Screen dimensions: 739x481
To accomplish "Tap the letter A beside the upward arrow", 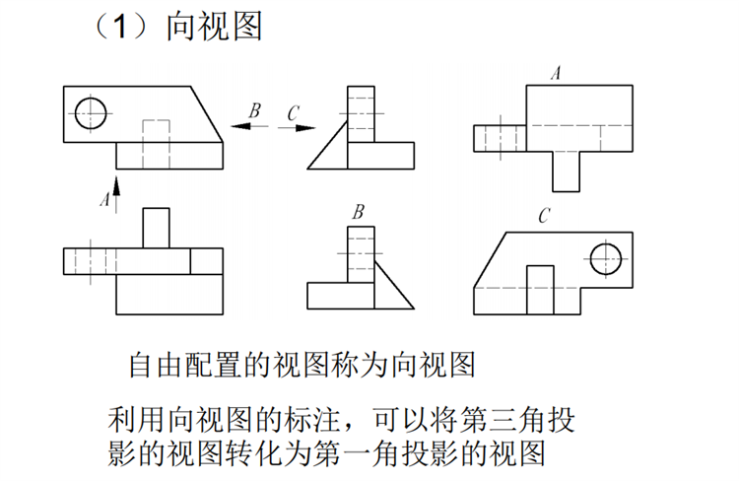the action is (105, 199).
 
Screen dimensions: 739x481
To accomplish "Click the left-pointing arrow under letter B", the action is (249, 126).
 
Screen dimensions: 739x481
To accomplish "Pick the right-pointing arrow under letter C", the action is (297, 128).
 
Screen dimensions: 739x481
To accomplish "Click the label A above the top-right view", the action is (557, 73).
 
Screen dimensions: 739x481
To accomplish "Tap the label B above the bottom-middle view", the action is (359, 212).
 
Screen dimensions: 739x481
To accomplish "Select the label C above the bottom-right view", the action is (544, 216).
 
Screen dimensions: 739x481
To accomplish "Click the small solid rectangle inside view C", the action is (540, 266).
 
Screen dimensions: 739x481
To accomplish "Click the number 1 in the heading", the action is (120, 27).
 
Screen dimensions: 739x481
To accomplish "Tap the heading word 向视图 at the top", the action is (214, 27).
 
